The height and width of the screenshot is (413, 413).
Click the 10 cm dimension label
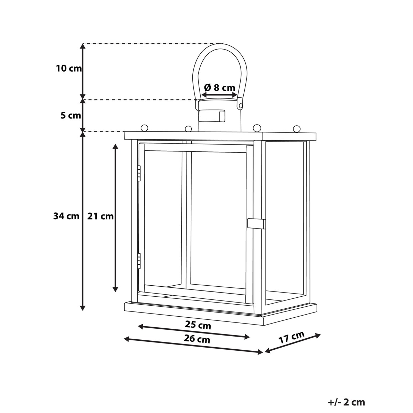click(x=69, y=68)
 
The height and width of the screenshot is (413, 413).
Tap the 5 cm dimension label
click(x=71, y=116)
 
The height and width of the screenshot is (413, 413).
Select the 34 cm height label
click(x=66, y=216)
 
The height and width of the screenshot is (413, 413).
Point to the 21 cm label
click(x=100, y=216)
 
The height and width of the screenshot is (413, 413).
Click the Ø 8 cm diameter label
click(x=220, y=87)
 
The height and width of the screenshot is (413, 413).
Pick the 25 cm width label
click(x=198, y=325)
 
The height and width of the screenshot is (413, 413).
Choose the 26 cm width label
click(x=197, y=339)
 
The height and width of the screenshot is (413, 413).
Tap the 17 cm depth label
click(x=292, y=337)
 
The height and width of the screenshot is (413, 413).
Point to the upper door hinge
click(x=139, y=173)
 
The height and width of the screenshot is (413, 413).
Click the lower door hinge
click(x=139, y=261)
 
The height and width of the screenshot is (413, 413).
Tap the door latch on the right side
click(x=256, y=224)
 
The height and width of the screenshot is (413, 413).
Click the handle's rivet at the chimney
click(x=241, y=106)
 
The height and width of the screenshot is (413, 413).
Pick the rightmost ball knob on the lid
click(x=297, y=129)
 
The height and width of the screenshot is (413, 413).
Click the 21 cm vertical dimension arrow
click(x=115, y=218)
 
